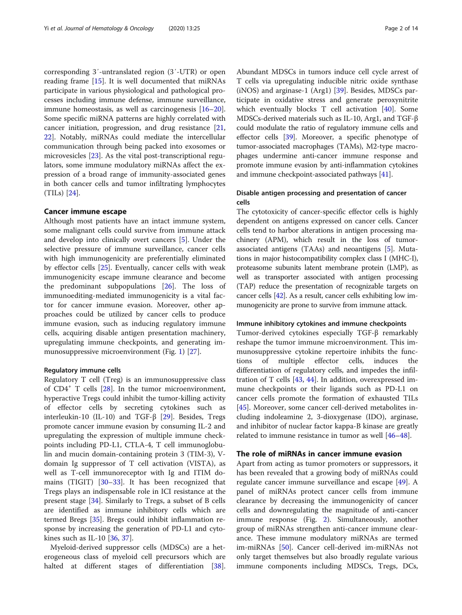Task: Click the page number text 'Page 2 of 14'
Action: (x=401, y=28)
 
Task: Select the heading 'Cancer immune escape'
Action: (x=85, y=211)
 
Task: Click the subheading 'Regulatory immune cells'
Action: (x=82, y=371)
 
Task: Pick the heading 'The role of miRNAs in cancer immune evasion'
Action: (x=319, y=454)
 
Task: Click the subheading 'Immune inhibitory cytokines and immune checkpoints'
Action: (x=321, y=323)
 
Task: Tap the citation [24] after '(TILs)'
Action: (x=73, y=193)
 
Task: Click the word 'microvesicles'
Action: (x=65, y=156)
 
